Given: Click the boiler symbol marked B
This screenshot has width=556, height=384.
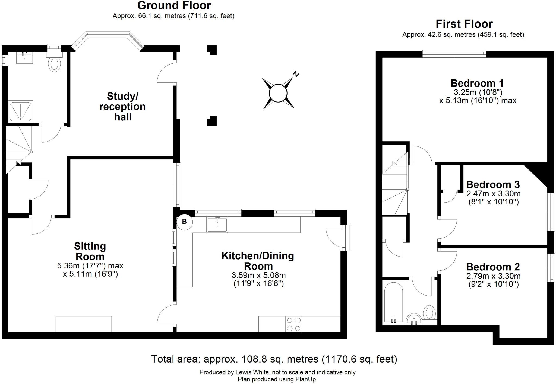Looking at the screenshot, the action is (184, 222).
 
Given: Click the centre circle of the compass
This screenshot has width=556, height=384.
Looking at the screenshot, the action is (278, 93).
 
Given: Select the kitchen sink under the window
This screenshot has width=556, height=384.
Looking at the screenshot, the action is (217, 224).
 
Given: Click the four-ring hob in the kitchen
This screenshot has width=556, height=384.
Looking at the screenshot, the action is (294, 324).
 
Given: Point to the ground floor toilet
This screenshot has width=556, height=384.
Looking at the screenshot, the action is (55, 61).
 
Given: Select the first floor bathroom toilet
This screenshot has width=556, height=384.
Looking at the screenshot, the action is (429, 312).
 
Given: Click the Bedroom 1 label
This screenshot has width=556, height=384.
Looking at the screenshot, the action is (477, 83).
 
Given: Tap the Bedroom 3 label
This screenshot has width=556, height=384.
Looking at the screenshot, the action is (493, 184).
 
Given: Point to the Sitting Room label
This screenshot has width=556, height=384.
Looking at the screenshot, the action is (90, 251).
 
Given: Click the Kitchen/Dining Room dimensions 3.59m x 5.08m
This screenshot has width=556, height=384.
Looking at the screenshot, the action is (258, 275).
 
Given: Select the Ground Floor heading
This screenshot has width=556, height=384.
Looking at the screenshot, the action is (174, 5).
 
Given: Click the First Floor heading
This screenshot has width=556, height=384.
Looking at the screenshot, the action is (464, 24).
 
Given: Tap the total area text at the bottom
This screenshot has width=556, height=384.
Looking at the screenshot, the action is (274, 359).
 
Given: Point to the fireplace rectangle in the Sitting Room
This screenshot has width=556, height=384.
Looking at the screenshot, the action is (84, 324).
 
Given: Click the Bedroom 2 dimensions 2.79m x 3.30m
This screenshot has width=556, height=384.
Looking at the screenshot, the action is (493, 276).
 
